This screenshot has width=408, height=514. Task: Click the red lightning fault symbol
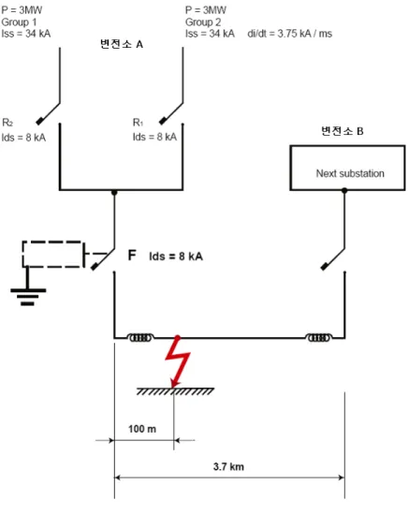pos(177,360)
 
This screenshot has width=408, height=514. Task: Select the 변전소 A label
pos(122,44)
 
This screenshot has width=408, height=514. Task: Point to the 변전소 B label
pos(342,131)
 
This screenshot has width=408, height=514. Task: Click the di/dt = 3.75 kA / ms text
pos(290,34)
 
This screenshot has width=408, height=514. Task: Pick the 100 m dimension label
pos(142,429)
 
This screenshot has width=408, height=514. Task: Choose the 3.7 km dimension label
pos(228,466)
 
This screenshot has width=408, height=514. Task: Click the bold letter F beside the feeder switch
pos(132,255)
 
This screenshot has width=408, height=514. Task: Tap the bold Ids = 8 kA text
pos(176,257)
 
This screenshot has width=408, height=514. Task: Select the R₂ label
pos(7,123)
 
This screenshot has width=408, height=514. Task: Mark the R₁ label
pos(138,123)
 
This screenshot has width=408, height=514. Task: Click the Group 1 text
pos(19,22)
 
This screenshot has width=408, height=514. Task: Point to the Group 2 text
pos(203,22)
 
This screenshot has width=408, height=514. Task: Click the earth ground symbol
pos(28,290)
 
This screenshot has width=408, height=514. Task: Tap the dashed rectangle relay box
pos(52,255)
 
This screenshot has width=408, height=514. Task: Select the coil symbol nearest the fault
pos(140,338)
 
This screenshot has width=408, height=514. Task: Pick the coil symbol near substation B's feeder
pos(318,338)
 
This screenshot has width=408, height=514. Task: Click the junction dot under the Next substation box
pos(344,190)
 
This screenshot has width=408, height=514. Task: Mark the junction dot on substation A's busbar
pos(114,193)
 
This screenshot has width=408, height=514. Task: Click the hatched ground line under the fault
pos(175,391)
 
